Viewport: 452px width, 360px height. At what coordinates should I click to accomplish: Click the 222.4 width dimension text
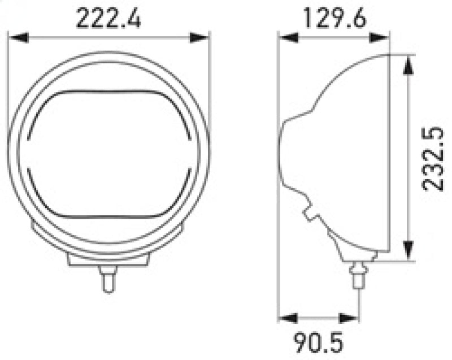tap(108, 19)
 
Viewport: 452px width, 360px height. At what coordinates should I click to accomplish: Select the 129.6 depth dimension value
tap(335, 19)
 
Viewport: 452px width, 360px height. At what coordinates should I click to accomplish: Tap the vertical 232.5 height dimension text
tap(434, 159)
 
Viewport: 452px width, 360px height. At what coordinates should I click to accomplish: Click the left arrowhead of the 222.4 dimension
tap(16, 38)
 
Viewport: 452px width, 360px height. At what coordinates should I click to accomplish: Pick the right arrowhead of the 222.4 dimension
tap(199, 38)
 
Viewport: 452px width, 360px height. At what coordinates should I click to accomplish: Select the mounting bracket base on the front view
tap(107, 259)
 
